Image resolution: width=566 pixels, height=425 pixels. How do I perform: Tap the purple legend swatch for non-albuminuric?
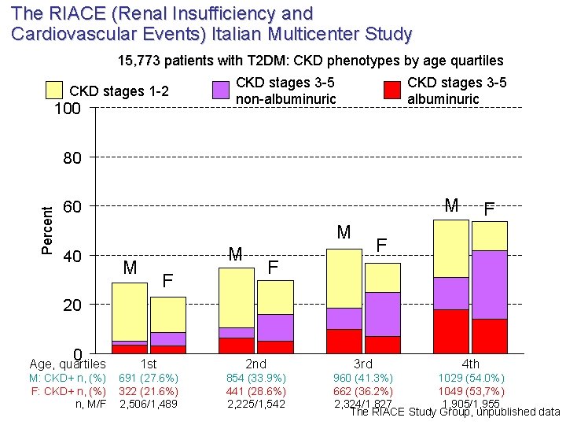pos(222,90)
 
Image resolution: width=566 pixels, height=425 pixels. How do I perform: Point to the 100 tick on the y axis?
pos(67,109)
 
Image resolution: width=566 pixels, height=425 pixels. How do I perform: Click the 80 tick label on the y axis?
pos(72,158)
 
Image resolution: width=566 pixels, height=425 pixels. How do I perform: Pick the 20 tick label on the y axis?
pos(72,305)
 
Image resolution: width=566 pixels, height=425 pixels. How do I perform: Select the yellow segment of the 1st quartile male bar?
pos(130,311)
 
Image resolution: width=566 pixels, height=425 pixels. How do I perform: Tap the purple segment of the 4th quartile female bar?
pos(489,284)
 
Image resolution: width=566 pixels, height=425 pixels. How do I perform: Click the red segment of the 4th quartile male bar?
pos(451,331)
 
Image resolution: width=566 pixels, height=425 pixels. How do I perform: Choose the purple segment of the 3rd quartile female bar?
pos(383,313)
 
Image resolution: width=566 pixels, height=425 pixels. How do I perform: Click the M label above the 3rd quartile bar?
pos(344,232)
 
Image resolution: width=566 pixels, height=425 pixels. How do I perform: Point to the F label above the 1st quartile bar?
pos(167,280)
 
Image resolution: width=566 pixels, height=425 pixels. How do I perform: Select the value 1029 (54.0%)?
pos(471,377)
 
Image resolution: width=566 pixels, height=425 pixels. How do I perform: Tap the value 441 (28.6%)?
pos(256,390)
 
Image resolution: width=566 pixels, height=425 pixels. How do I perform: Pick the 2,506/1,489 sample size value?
pos(149,404)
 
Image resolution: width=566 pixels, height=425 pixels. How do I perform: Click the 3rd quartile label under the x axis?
pos(363,364)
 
